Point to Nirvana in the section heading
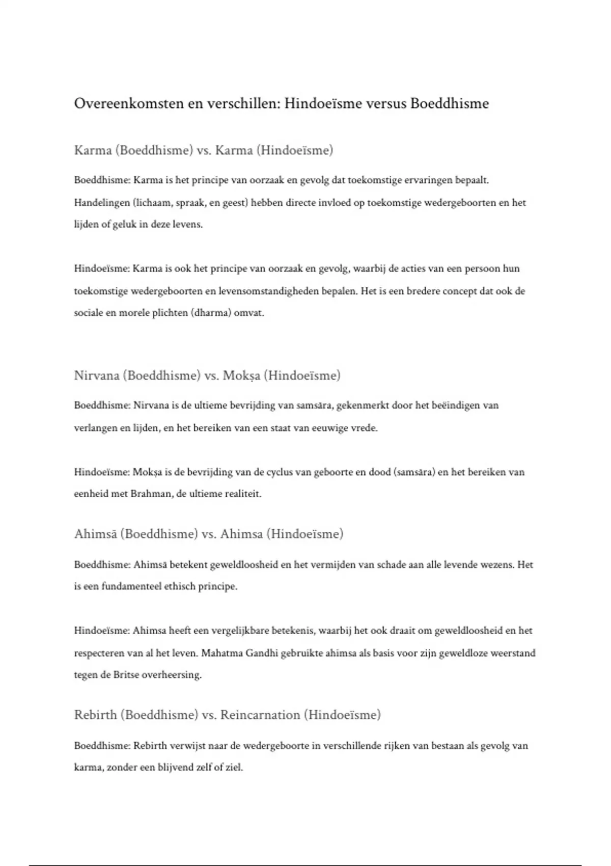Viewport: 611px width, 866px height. pyautogui.click(x=99, y=375)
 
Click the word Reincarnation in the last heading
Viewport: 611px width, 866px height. pyautogui.click(x=260, y=715)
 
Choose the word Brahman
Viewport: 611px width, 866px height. pyautogui.click(x=151, y=494)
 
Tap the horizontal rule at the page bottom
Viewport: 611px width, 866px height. pyautogui.click(x=305, y=865)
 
